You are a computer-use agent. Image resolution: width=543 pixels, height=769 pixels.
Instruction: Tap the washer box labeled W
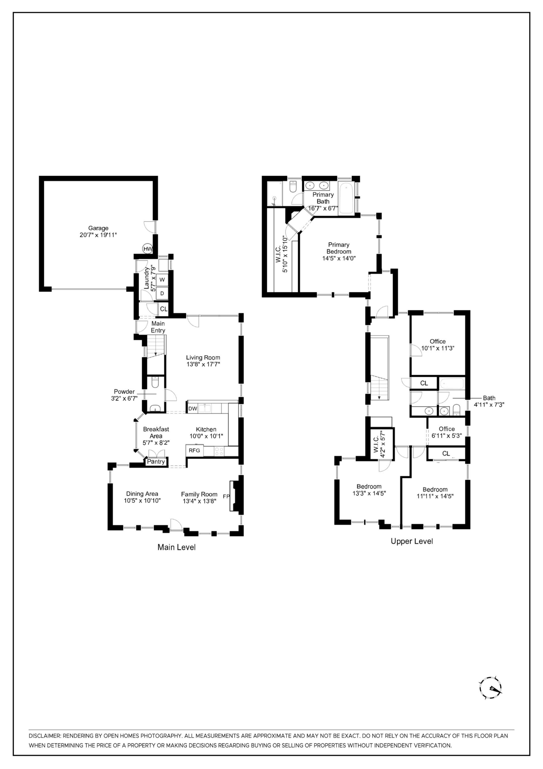pyautogui.click(x=162, y=279)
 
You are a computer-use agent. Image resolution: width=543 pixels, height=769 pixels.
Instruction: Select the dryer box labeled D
pyautogui.click(x=162, y=293)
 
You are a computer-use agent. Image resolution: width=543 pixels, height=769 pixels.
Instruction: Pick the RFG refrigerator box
pyautogui.click(x=194, y=450)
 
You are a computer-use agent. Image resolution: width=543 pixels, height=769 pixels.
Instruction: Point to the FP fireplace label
pyautogui.click(x=226, y=496)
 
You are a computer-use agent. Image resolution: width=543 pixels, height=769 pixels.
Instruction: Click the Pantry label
pyautogui.click(x=156, y=462)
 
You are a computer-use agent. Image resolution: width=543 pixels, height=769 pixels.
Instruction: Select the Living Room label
pyautogui.click(x=203, y=357)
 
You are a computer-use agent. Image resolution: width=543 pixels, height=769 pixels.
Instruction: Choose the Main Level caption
pyautogui.click(x=176, y=547)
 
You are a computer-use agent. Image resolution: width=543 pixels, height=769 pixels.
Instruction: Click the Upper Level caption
pyautogui.click(x=412, y=541)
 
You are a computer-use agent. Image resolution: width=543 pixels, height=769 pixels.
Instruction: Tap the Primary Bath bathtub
pyautogui.click(x=346, y=198)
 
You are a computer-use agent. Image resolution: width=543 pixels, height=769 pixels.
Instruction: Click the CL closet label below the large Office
pyautogui.click(x=424, y=383)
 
